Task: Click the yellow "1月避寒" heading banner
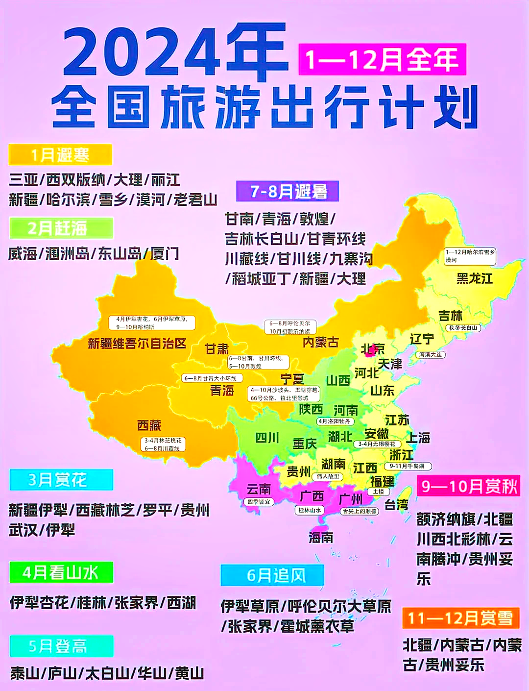[x=60, y=155]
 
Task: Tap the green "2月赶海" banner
[x=61, y=228]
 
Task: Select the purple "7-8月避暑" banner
[x=288, y=191]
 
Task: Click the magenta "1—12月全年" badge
[x=382, y=59]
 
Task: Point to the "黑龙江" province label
[x=474, y=278]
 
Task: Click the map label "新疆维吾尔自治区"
[x=137, y=343]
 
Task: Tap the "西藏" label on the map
[x=149, y=425]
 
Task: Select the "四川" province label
[x=267, y=438]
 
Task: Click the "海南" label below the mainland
[x=321, y=538]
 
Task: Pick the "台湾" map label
[x=396, y=504]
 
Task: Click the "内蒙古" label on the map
[x=321, y=342]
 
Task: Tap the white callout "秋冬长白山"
[x=463, y=328]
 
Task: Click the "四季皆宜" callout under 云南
[x=258, y=502]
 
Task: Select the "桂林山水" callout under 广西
[x=310, y=510]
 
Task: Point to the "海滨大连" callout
[x=431, y=354]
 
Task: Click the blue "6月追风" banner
[x=272, y=575]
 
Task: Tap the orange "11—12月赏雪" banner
[x=460, y=618]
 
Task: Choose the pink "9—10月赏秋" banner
[x=469, y=486]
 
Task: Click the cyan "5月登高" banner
[x=61, y=646]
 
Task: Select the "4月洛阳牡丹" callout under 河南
[x=335, y=421]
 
